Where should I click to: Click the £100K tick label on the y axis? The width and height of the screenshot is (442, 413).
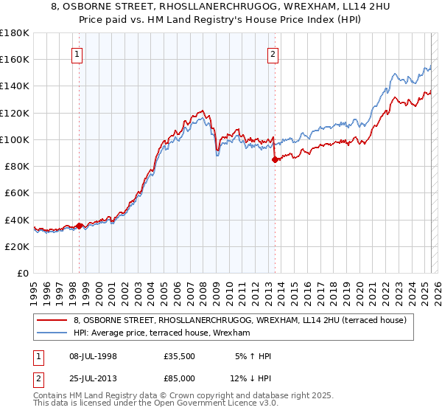pyautogui.click(x=14, y=139)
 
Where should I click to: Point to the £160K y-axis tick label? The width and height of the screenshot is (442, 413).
pyautogui.click(x=14, y=59)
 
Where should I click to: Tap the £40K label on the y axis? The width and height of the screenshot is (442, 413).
pyautogui.click(x=16, y=220)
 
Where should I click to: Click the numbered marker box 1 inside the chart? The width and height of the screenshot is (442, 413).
pyautogui.click(x=78, y=53)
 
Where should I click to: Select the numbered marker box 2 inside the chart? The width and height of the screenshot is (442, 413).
pyautogui.click(x=273, y=53)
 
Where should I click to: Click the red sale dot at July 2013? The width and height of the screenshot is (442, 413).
pyautogui.click(x=275, y=159)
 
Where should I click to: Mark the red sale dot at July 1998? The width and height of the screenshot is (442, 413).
pyautogui.click(x=80, y=225)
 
